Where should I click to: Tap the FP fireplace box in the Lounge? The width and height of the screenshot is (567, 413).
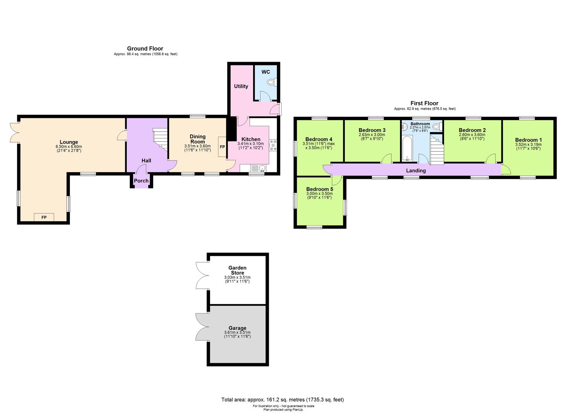(44, 217)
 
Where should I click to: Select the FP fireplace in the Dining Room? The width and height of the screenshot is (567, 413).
(222, 147)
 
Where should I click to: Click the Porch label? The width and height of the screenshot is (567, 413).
(141, 181)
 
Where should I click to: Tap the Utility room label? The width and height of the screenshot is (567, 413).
(241, 86)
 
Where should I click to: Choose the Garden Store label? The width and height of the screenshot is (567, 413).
(237, 270)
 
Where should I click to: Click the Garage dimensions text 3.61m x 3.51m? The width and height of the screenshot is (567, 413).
(237, 333)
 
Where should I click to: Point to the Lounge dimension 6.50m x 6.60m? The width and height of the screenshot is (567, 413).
(69, 147)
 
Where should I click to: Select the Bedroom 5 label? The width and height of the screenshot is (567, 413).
(320, 189)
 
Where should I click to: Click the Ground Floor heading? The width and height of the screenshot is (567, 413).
(145, 49)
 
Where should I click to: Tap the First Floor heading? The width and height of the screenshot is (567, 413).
(424, 103)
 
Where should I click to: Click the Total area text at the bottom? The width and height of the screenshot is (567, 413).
(283, 400)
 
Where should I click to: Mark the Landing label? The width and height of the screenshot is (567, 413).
(416, 171)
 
